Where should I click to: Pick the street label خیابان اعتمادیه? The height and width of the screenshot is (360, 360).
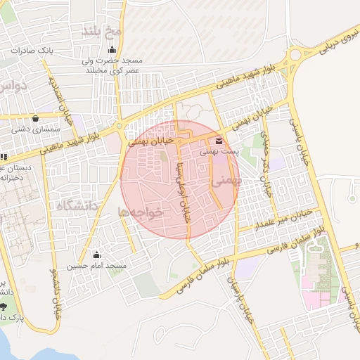click(58, 98)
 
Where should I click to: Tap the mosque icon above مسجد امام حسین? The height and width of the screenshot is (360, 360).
click(97, 255)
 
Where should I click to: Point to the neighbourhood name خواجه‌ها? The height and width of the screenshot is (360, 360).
click(141, 212)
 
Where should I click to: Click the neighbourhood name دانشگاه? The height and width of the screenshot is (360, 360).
click(77, 206)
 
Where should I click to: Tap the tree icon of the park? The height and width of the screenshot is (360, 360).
click(5, 307)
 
